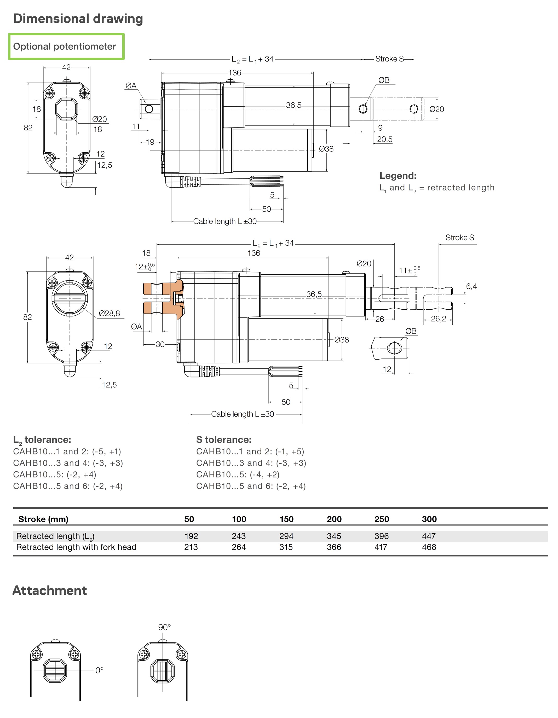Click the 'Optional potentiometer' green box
pyautogui.click(x=66, y=46)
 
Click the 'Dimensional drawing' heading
pyautogui.click(x=78, y=19)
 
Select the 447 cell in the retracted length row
pyautogui.click(x=429, y=536)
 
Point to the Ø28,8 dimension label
pyautogui.click(x=110, y=313)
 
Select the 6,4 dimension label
pyautogui.click(x=471, y=286)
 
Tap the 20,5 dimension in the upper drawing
pyautogui.click(x=385, y=139)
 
